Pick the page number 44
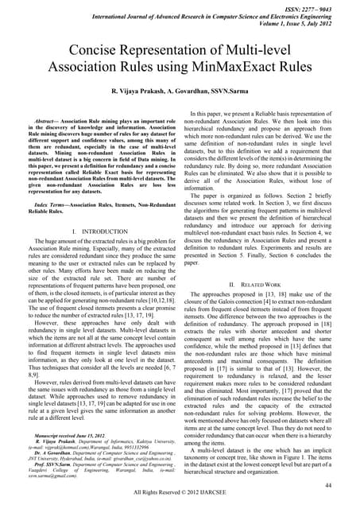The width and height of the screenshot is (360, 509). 342,484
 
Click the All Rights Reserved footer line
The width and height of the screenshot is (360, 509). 180,494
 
